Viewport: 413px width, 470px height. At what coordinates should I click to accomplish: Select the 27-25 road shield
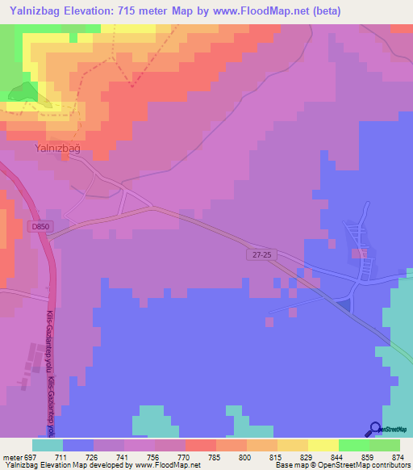tap(257, 254)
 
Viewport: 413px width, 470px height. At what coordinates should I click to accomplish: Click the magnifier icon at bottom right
tap(374, 430)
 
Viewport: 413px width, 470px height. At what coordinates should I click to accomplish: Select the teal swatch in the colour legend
tap(48, 445)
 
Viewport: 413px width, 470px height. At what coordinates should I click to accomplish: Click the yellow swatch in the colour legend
tap(323, 445)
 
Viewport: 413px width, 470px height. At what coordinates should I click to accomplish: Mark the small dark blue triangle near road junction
tap(345, 304)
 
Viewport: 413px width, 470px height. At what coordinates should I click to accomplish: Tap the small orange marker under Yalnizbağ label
tap(64, 158)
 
